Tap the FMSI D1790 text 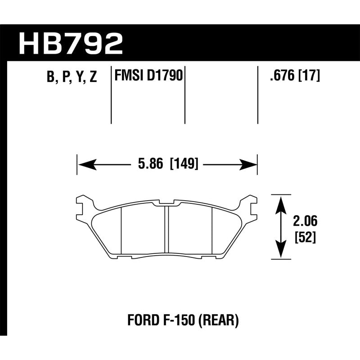(x=148, y=76)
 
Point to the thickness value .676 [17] (x=294, y=76)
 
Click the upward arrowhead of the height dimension (x=281, y=203)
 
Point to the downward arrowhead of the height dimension (x=281, y=250)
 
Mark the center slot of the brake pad (x=166, y=229)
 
